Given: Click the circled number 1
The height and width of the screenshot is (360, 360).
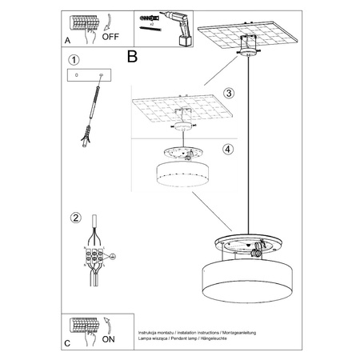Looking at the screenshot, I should tap(74, 60).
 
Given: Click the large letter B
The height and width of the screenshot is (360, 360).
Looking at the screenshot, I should tap(133, 57).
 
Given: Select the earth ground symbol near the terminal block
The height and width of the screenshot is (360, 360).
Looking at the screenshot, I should tap(113, 257).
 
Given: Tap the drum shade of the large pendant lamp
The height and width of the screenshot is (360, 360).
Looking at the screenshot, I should tap(251, 279).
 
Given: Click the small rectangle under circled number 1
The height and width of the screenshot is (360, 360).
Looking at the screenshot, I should tap(87, 76).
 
